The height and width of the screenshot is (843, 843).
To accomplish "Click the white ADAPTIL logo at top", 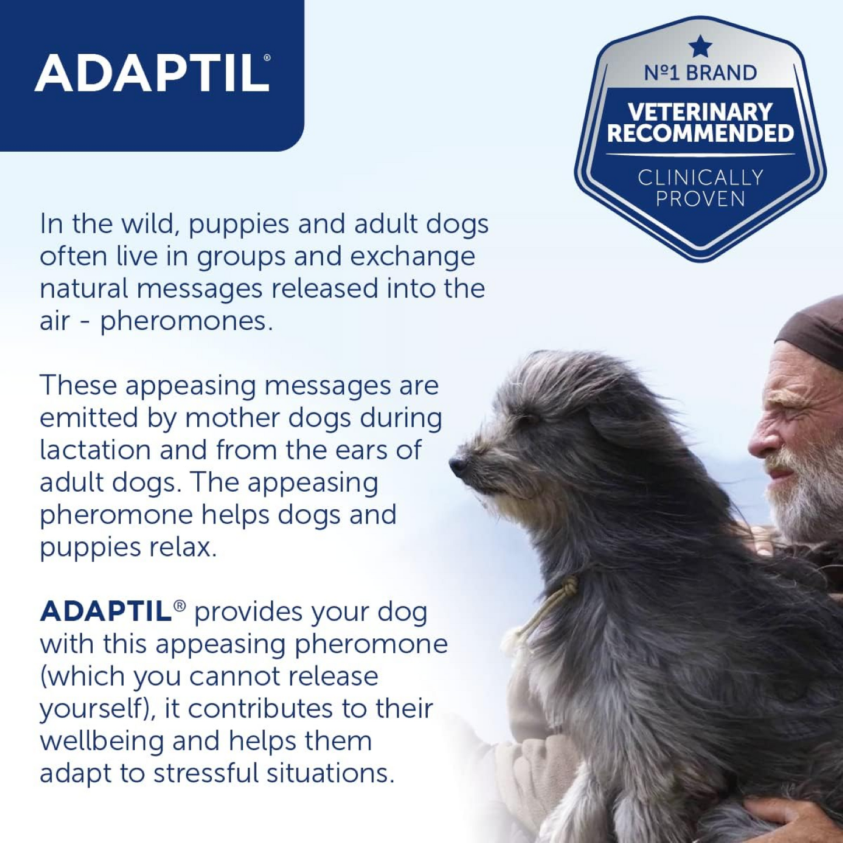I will pyautogui.click(x=152, y=74).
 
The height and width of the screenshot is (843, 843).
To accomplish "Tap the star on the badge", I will pyautogui.click(x=700, y=47).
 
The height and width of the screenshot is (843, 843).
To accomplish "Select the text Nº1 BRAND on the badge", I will pyautogui.click(x=700, y=73).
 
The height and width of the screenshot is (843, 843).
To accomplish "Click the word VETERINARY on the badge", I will pyautogui.click(x=700, y=111).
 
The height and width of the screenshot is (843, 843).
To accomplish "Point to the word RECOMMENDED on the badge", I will pyautogui.click(x=700, y=134).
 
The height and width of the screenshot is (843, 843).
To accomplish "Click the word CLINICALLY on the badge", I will pyautogui.click(x=700, y=177).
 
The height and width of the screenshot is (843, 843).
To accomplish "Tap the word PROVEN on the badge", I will pyautogui.click(x=700, y=200).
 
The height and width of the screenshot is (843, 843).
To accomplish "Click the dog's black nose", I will pyautogui.click(x=458, y=465).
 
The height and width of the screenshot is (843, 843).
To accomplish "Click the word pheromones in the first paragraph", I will pyautogui.click(x=186, y=321).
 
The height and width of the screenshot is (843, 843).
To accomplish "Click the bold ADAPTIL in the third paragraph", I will pyautogui.click(x=105, y=611).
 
